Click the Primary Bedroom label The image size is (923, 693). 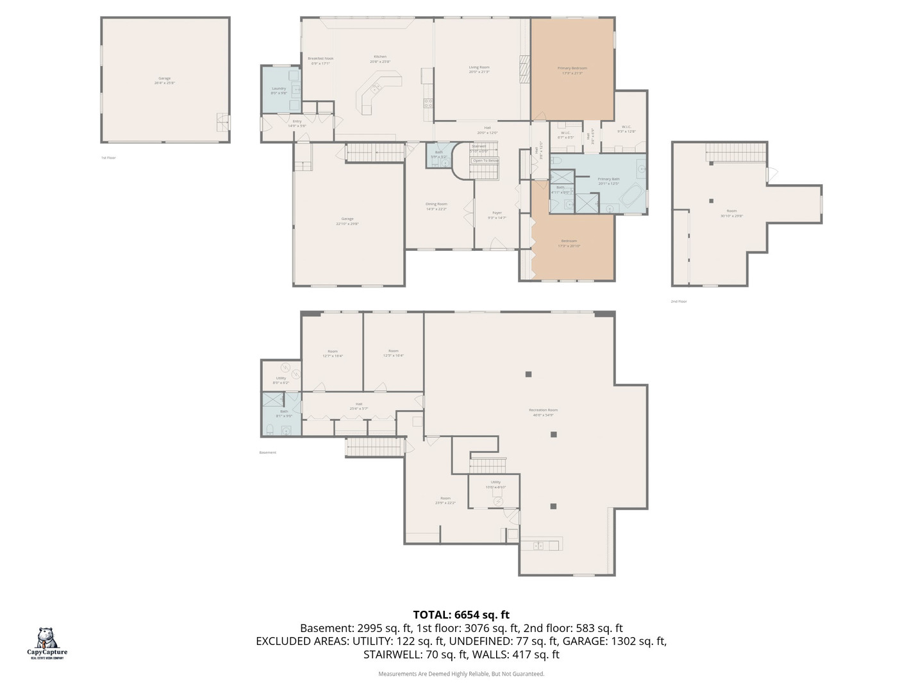click(572, 70)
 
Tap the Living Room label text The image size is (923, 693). click(479, 69)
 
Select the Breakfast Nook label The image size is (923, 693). click(320, 60)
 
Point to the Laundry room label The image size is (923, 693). click(279, 90)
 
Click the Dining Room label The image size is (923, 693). click(436, 206)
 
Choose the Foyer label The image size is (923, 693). click(497, 215)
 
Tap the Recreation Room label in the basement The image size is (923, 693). click(543, 412)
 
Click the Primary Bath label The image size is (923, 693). click(608, 181)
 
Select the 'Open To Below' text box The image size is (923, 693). click(485, 160)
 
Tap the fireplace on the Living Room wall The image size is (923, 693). click(525, 69)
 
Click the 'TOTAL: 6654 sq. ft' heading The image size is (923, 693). click(461, 615)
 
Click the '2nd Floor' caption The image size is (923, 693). click(678, 301)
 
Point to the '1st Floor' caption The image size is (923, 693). click(108, 157)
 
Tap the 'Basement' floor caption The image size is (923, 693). click(268, 452)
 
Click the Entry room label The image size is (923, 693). click(297, 123)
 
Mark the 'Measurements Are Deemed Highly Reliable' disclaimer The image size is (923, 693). click(461, 674)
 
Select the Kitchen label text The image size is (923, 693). click(380, 59)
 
